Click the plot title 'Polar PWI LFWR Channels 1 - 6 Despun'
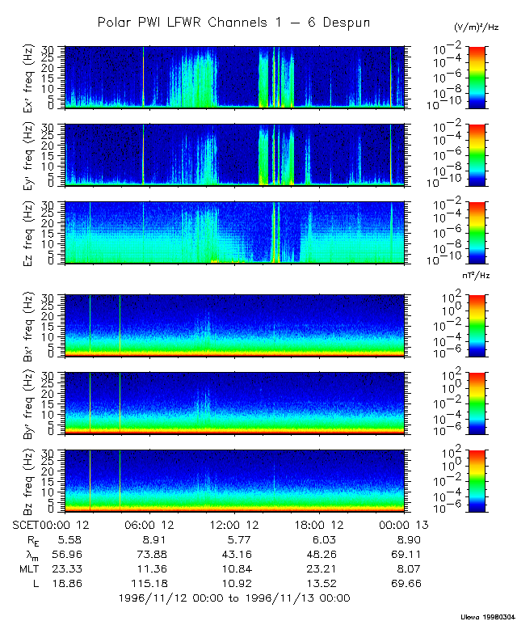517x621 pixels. click(x=233, y=23)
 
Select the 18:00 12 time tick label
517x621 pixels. click(x=326, y=524)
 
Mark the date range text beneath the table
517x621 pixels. click(x=234, y=598)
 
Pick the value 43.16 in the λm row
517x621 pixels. click(x=239, y=554)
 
